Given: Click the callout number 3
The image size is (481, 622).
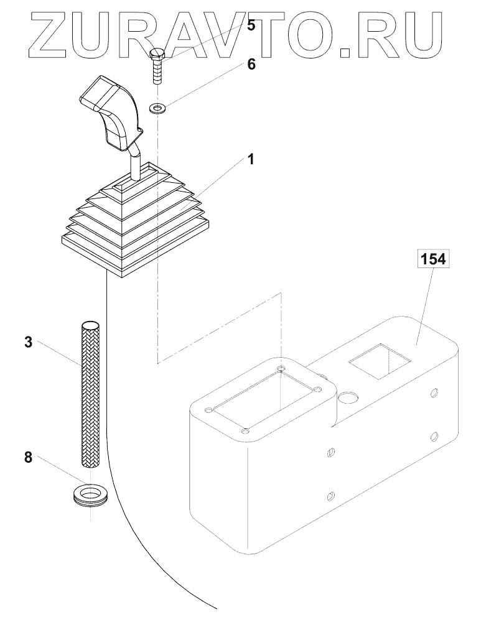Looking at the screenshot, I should pyautogui.click(x=27, y=342).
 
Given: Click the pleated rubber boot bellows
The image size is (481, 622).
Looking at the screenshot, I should pyautogui.click(x=134, y=221).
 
